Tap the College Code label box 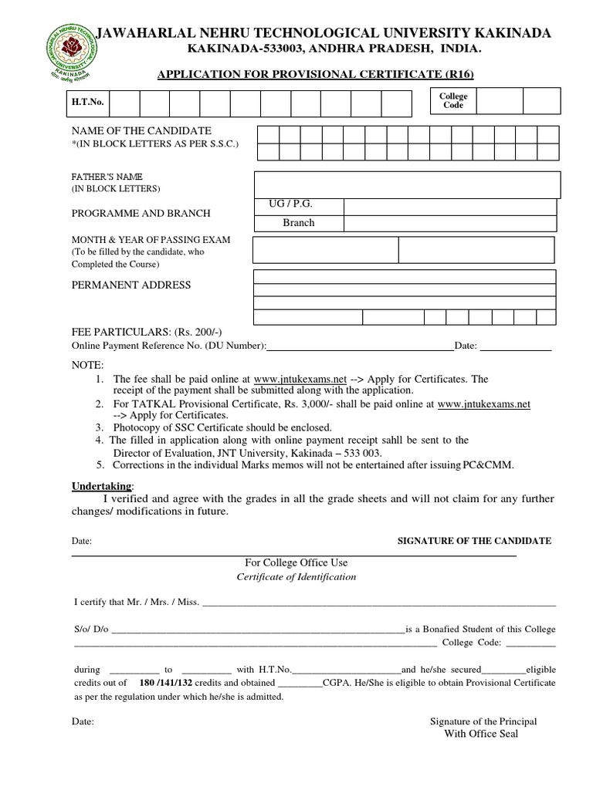pyautogui.click(x=453, y=101)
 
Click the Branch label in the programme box pyautogui.click(x=298, y=223)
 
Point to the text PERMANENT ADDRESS pyautogui.click(x=130, y=285)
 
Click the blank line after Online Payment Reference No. pyautogui.click(x=360, y=347)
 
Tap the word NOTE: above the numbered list pyautogui.click(x=86, y=364)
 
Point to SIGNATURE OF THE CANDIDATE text pyautogui.click(x=474, y=541)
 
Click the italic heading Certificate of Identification pyautogui.click(x=296, y=576)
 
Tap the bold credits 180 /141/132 pyautogui.click(x=169, y=683)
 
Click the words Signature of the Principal pyautogui.click(x=483, y=721)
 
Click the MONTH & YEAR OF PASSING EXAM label pyautogui.click(x=151, y=240)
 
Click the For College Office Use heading pyautogui.click(x=296, y=562)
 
